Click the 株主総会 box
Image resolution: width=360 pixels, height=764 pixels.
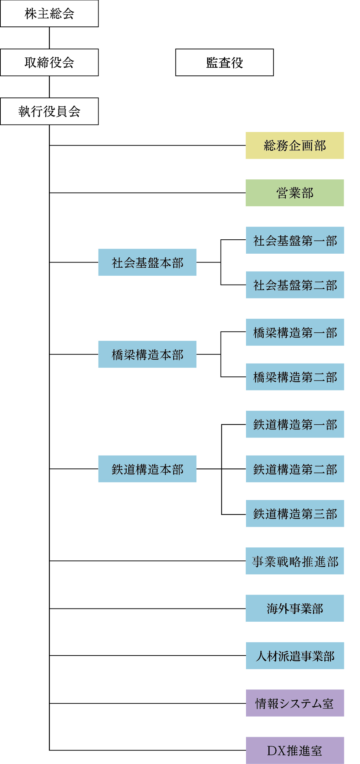pos(49,14)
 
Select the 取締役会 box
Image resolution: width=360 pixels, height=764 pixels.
pos(49,63)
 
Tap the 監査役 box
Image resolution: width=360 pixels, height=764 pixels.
pos(224,63)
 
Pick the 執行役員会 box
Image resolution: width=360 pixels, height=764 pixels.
pos(49,111)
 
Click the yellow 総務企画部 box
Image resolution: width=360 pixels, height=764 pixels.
pos(295,146)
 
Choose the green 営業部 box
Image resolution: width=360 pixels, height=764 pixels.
pos(295,193)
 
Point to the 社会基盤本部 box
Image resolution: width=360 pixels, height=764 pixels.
pos(147,263)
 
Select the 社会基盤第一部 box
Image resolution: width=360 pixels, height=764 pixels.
pos(295,240)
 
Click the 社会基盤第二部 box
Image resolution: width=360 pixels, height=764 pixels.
pos(295,285)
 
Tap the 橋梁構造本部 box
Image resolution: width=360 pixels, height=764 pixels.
pos(147,354)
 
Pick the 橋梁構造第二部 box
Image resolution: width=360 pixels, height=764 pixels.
pos(295,377)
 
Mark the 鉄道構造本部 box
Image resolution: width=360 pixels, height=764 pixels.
pos(147,469)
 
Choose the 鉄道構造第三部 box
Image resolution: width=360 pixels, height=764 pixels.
pos(295,514)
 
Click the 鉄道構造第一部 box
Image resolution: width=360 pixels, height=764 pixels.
pos(295,424)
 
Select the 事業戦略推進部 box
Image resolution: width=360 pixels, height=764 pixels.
pos(295,561)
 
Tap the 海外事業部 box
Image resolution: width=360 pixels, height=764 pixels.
pos(295,608)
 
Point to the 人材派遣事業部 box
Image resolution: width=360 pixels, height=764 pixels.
pos(295,656)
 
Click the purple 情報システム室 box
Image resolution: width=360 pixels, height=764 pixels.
pos(295,703)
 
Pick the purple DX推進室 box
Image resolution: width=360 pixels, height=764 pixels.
pos(295,750)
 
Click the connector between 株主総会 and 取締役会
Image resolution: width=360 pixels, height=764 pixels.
pos(49,38)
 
